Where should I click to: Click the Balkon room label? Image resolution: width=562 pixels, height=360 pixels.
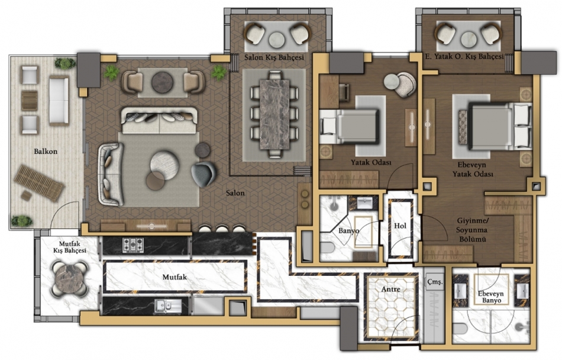pyautogui.click(x=46, y=152)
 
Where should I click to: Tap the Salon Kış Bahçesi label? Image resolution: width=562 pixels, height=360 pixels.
pyautogui.click(x=274, y=57)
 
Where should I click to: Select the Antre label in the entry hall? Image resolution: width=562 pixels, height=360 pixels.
pyautogui.click(x=390, y=289)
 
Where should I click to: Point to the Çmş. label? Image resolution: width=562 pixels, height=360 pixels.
pyautogui.click(x=435, y=282)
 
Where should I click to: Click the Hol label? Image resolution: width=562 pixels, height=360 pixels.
pyautogui.click(x=400, y=226)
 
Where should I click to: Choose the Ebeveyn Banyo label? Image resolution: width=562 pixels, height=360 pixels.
pyautogui.click(x=490, y=297)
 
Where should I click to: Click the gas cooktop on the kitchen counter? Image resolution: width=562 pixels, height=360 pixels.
pyautogui.click(x=133, y=245)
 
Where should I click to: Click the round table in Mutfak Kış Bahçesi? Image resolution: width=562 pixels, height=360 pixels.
pyautogui.click(x=69, y=279)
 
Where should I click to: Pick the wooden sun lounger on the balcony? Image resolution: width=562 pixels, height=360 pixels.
pyautogui.click(x=38, y=182)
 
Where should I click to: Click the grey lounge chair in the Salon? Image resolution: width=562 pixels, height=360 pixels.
pyautogui.click(x=204, y=174)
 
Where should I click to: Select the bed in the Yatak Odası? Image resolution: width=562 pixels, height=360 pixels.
pyautogui.click(x=349, y=126)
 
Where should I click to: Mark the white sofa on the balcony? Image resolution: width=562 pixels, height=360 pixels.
pyautogui.click(x=59, y=101)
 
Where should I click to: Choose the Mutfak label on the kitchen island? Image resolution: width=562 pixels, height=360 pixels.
pyautogui.click(x=175, y=277)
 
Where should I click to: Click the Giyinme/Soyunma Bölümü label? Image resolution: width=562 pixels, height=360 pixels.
pyautogui.click(x=472, y=230)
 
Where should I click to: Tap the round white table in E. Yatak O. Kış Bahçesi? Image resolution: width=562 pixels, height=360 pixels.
pyautogui.click(x=469, y=39)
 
